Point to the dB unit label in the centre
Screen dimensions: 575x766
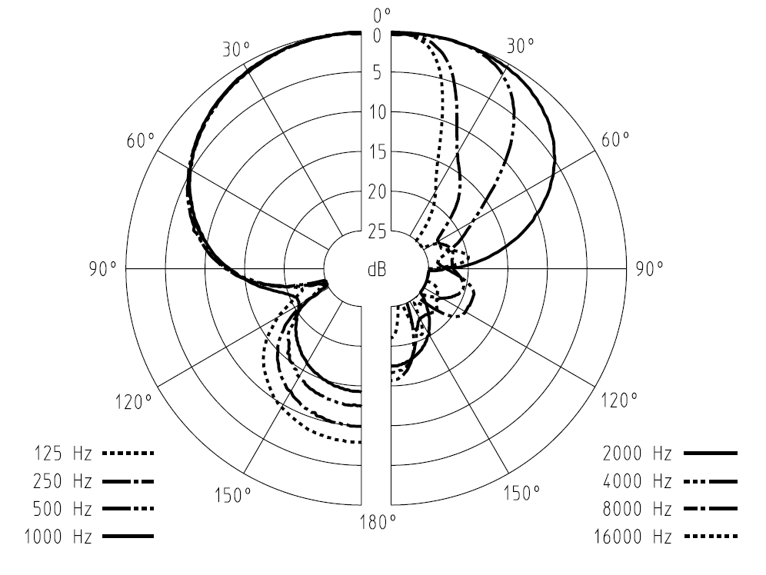377,269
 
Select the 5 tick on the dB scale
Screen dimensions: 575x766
377,73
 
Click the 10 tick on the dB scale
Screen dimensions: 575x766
377,113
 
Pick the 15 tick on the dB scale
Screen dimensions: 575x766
377,152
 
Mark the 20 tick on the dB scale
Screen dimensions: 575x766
377,191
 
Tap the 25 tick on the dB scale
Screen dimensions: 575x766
377,231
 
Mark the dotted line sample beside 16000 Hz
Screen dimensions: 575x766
710,537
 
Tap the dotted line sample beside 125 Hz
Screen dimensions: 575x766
127,454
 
